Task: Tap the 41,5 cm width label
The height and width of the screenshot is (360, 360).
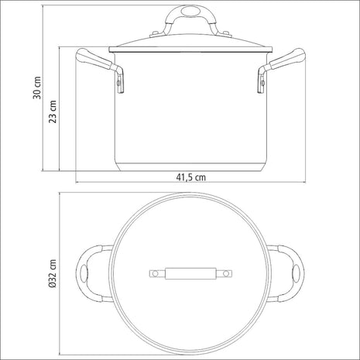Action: click(190, 177)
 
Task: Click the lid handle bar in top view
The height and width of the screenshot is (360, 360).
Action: click(190, 273)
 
